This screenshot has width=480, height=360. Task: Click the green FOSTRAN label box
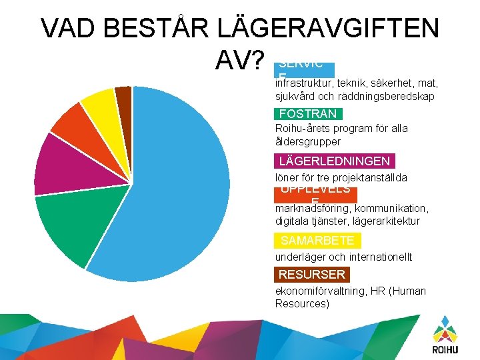click(x=308, y=114)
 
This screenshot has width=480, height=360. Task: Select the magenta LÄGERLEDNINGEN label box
click(x=334, y=161)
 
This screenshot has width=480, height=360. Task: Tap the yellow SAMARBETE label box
click(x=317, y=241)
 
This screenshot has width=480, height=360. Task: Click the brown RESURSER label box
click(x=312, y=274)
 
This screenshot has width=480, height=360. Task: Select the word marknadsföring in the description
click(x=309, y=208)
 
